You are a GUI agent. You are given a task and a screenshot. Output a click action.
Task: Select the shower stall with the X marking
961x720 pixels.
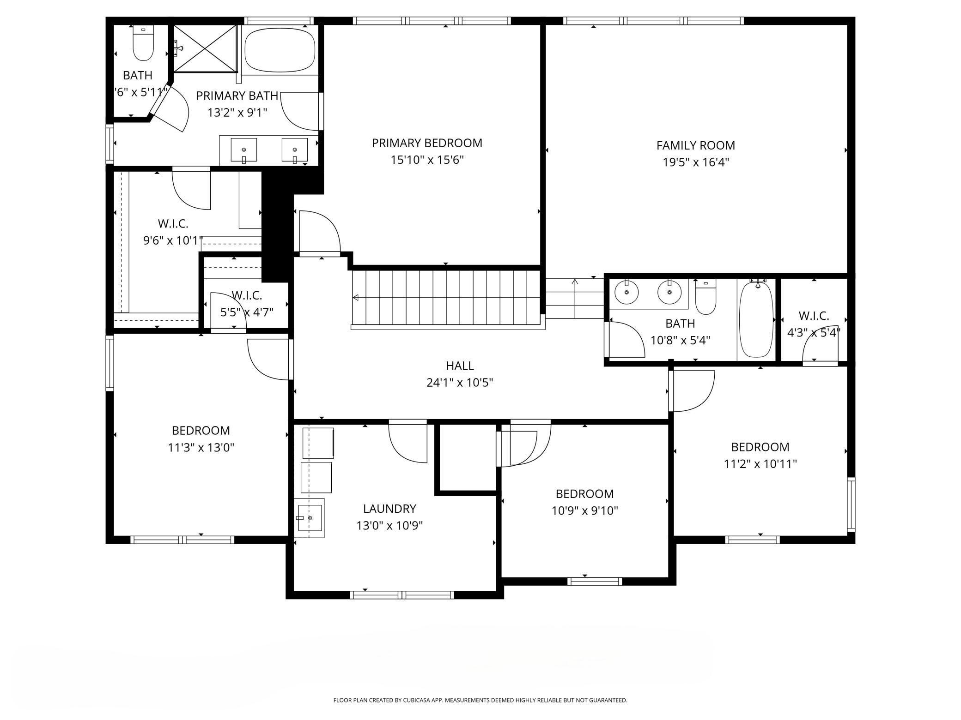click(x=205, y=48)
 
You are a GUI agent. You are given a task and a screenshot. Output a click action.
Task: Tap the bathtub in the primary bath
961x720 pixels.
click(x=280, y=49)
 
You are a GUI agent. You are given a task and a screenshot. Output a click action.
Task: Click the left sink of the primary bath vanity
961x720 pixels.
click(x=243, y=150)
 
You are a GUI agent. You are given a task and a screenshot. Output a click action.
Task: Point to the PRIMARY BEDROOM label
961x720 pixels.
click(x=426, y=143)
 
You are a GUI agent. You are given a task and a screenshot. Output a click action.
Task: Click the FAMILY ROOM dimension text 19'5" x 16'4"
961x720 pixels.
click(x=695, y=162)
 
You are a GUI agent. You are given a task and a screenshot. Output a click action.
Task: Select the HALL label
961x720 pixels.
click(x=459, y=366)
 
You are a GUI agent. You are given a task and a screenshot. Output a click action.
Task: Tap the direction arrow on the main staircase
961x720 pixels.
click(x=356, y=298)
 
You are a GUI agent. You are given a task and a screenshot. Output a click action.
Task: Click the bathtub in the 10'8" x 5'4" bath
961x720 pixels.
click(x=756, y=319)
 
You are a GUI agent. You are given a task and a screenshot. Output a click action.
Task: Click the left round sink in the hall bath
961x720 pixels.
click(x=626, y=292)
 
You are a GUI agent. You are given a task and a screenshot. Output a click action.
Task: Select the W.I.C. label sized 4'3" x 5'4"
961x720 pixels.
click(x=814, y=316)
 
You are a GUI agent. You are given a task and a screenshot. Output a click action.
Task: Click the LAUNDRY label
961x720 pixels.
click(x=389, y=509)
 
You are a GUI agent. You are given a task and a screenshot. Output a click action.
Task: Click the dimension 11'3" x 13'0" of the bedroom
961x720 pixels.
click(x=201, y=447)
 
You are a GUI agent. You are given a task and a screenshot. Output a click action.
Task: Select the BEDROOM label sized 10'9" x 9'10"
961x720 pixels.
click(x=584, y=494)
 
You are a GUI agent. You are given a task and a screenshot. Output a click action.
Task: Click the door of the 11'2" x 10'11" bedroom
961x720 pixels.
click(x=692, y=391)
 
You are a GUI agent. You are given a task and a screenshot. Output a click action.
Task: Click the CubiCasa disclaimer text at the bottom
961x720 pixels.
click(x=480, y=700)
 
